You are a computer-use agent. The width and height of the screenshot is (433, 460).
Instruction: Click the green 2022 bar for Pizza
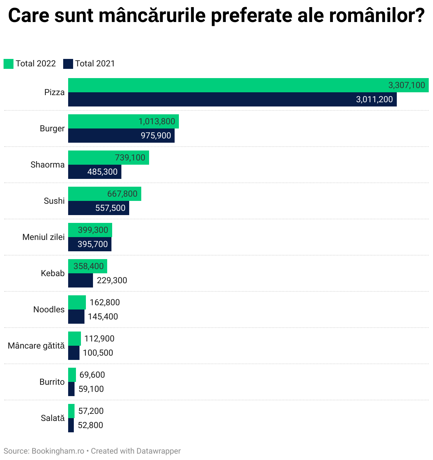point(227,85)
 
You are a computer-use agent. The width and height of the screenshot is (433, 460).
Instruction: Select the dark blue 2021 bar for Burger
point(106,136)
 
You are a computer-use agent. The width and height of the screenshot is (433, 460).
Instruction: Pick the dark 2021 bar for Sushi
point(82,208)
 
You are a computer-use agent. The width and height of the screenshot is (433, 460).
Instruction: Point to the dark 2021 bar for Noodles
point(76,317)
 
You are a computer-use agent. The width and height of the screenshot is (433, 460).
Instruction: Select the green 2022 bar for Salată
point(71,411)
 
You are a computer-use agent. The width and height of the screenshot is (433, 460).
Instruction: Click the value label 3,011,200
point(374,99)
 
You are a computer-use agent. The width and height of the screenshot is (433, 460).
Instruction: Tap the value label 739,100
point(130,158)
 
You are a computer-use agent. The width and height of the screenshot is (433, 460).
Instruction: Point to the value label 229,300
point(112,280)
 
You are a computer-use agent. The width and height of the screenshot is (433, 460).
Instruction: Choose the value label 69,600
point(92,375)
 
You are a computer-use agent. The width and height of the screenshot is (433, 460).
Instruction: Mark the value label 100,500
point(98,353)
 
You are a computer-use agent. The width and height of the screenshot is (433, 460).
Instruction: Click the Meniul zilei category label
point(43,237)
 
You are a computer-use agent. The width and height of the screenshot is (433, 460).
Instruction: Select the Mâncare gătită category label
point(36,346)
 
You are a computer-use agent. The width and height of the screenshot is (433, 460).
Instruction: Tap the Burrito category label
point(52,382)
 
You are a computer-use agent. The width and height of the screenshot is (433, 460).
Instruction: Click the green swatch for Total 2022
point(9,64)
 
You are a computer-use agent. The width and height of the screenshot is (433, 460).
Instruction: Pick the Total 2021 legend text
point(95,64)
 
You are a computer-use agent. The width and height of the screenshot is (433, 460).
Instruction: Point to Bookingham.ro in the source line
point(58,451)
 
